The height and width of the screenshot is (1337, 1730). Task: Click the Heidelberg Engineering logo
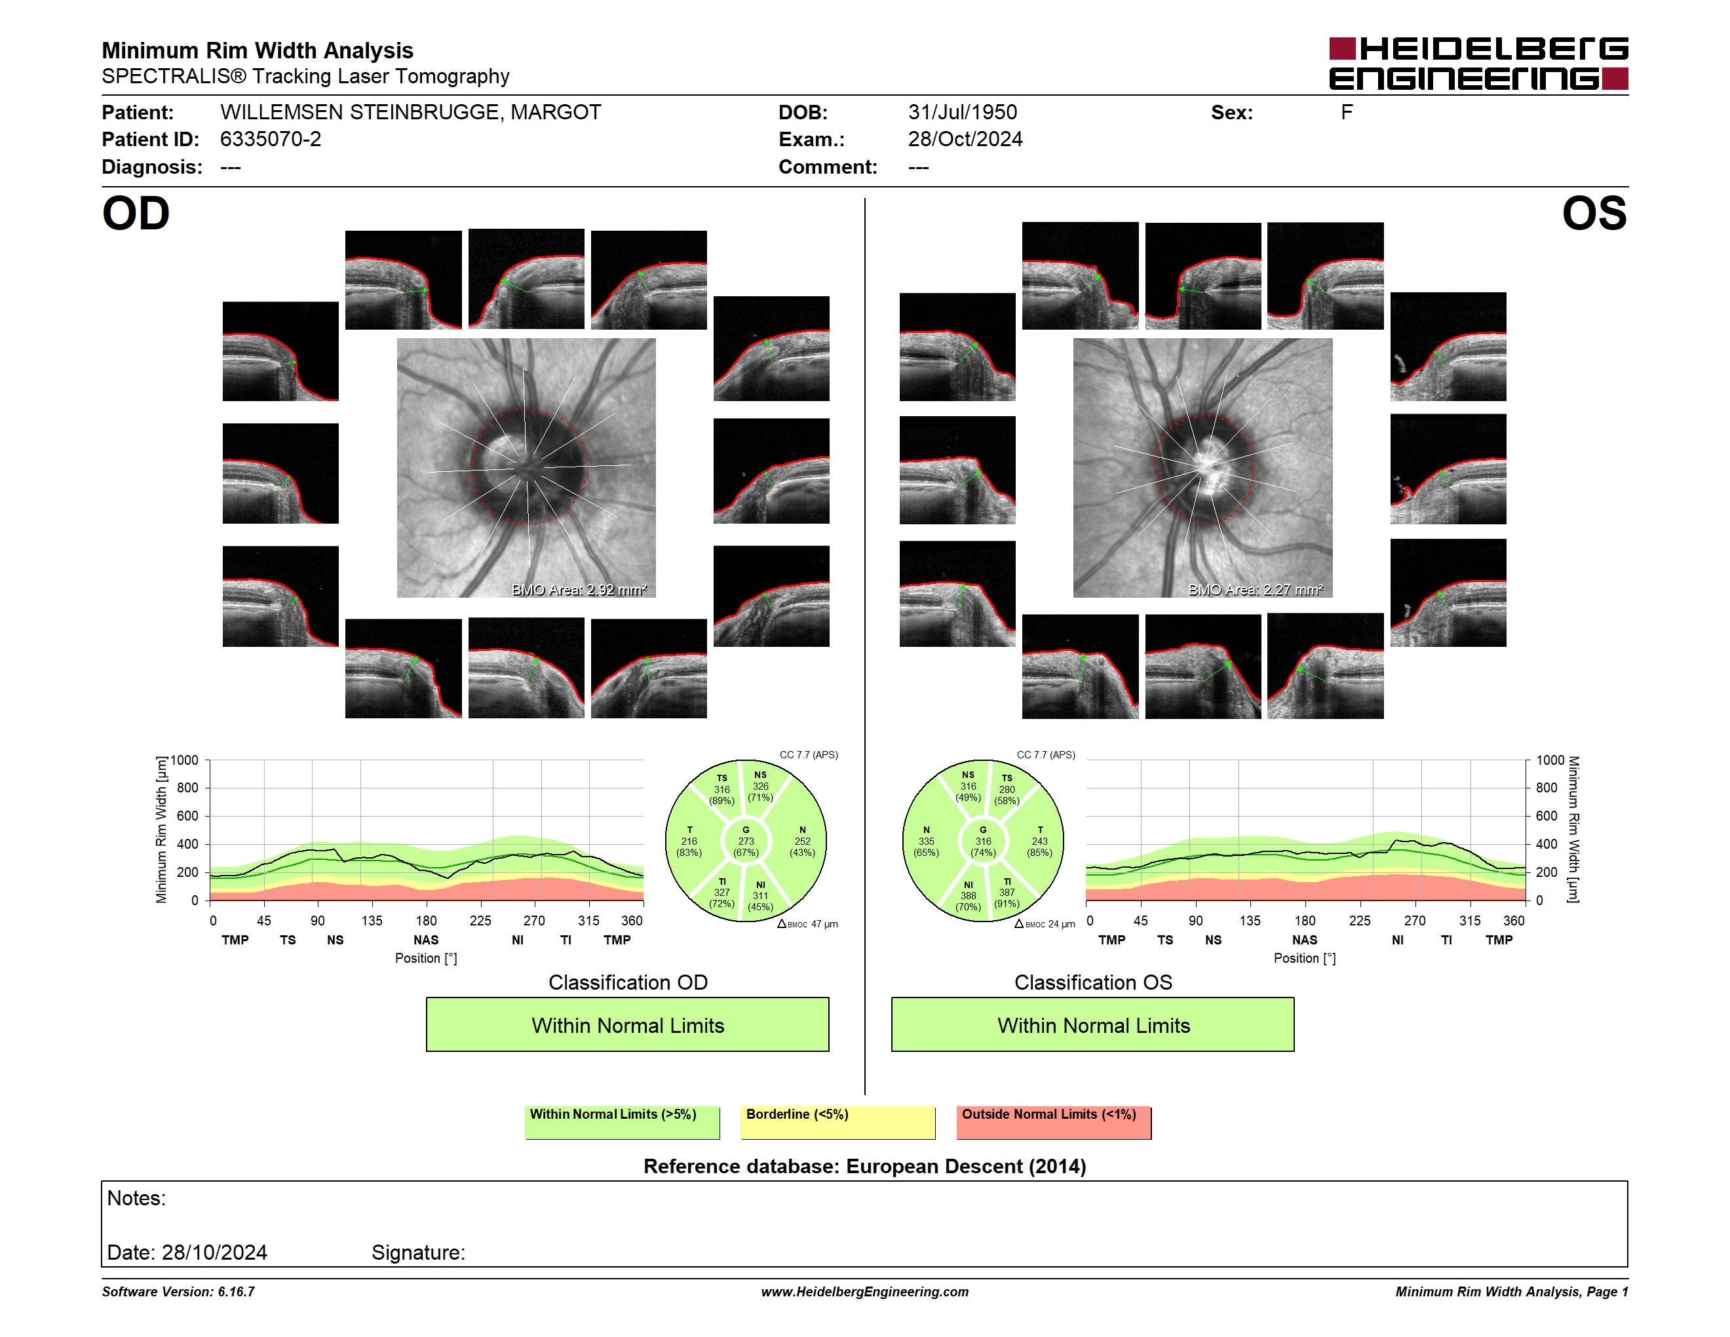coord(1478,64)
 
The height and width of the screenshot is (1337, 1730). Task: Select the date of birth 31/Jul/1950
coord(963,113)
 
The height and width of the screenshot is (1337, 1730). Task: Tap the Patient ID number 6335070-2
coord(271,140)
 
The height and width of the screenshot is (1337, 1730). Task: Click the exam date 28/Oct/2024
coord(965,140)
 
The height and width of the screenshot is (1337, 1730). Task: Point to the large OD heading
coord(136,214)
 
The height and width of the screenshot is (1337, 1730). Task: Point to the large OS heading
coord(1594,214)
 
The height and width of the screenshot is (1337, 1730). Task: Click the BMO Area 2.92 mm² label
coord(579,589)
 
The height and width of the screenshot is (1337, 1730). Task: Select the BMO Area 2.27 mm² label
coord(1256,589)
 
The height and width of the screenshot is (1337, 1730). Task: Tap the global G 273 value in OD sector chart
coord(746,841)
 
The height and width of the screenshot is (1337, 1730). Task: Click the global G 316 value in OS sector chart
coord(983,841)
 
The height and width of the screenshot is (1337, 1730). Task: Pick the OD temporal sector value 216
coord(689,841)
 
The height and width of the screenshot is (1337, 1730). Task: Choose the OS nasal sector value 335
coord(926,841)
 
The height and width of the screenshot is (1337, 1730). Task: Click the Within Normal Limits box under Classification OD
coord(627,1024)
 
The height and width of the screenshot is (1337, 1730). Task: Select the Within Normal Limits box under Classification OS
coord(1093,1024)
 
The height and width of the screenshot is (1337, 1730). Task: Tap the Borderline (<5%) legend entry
coord(838,1122)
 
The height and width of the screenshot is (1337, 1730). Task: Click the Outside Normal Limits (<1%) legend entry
coord(1054,1122)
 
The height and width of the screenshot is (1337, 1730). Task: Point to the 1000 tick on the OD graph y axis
coord(185,760)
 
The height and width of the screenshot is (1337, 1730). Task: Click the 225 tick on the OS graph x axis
coord(1359,920)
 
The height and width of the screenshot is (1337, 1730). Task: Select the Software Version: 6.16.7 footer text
coord(178,1292)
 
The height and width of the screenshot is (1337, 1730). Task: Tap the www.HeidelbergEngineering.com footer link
coord(865,1292)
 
